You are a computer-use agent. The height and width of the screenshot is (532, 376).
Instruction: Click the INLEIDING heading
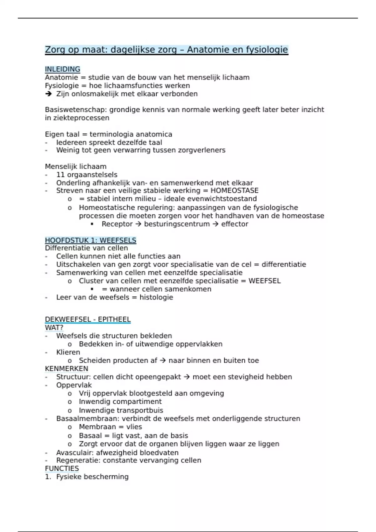click(62, 69)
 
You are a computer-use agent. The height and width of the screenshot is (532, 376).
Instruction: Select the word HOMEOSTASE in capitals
click(234, 191)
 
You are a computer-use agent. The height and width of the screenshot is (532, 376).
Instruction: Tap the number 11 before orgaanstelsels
click(61, 175)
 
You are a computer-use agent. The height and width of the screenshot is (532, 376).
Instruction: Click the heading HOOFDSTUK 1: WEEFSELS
click(91, 240)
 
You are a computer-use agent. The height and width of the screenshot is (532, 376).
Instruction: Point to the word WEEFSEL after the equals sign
click(264, 281)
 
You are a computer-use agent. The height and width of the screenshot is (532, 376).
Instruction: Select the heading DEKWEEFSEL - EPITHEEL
click(88, 320)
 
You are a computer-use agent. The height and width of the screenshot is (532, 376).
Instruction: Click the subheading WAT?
click(54, 328)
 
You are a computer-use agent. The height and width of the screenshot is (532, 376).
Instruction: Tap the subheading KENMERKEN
click(66, 369)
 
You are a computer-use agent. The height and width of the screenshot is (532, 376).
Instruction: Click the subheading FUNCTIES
click(62, 468)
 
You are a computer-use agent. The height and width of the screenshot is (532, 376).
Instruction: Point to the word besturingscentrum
click(177, 224)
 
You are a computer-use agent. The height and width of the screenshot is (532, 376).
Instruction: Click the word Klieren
click(68, 352)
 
